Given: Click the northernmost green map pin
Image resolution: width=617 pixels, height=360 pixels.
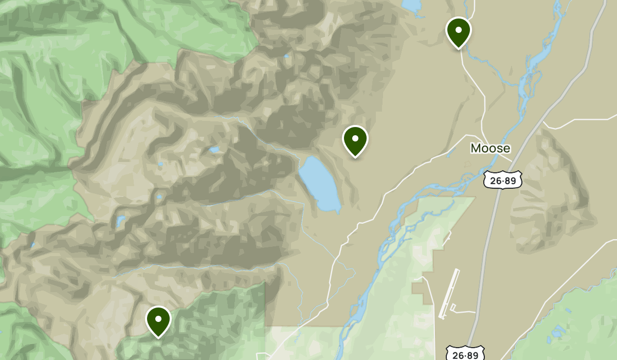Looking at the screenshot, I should pos(458,31).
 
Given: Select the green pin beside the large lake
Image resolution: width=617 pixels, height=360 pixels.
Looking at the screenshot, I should pos(355,140).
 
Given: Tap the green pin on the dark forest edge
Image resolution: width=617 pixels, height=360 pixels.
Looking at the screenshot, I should pos(158,320).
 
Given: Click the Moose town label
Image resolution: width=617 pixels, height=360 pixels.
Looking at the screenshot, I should pos(491,149).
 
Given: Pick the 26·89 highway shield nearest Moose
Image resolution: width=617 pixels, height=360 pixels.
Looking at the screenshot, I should pos(503,179).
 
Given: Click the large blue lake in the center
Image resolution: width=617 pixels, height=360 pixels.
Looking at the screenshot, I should pos(319,183).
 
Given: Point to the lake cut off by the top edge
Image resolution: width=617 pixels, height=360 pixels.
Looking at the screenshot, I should pos(411,5).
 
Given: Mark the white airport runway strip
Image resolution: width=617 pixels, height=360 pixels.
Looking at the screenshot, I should pos(449,293).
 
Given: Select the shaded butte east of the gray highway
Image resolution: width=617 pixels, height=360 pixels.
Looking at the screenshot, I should pos(553,195).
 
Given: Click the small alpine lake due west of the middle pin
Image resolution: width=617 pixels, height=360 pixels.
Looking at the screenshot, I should pos(214,150).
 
